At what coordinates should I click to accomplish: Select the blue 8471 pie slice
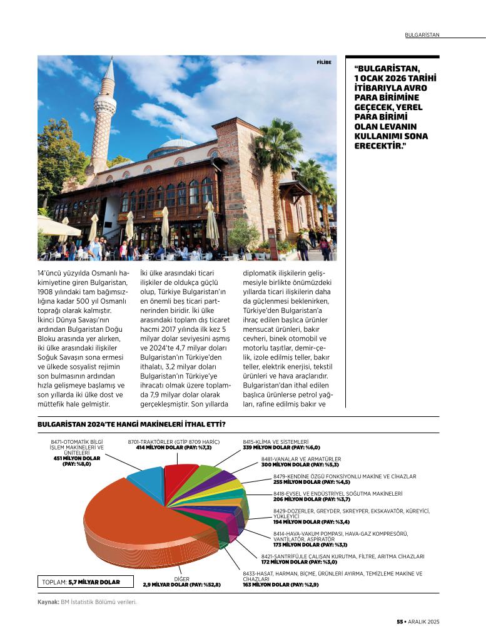(146, 479)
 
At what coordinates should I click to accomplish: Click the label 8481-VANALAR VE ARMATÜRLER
(301, 459)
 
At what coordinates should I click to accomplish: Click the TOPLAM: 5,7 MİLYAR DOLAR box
(81, 582)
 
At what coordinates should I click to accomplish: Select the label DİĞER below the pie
(181, 579)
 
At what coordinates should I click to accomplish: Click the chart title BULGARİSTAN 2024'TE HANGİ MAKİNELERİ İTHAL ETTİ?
(131, 424)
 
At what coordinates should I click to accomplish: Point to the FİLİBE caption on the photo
(323, 62)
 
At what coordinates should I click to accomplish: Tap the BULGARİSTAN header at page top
(422, 34)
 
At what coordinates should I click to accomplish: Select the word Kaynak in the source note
(48, 602)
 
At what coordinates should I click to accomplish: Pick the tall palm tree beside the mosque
(279, 156)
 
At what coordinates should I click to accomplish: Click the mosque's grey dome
(178, 144)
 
